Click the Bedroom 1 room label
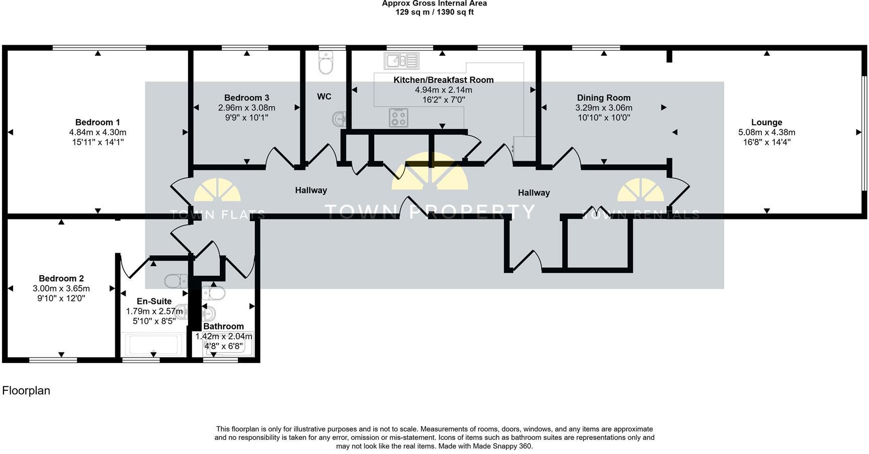click(x=98, y=122)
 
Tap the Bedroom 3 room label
click(x=246, y=97)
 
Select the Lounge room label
click(x=766, y=122)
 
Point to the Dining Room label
click(x=603, y=97)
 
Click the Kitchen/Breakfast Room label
click(x=443, y=80)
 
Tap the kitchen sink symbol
click(x=402, y=61)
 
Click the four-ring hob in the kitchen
click(x=398, y=118)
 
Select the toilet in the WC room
click(x=326, y=63)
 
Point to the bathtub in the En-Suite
click(x=153, y=345)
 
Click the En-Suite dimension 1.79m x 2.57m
click(x=154, y=311)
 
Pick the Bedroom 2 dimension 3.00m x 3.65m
click(x=61, y=288)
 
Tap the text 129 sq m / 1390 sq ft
click(x=434, y=12)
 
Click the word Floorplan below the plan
click(x=26, y=391)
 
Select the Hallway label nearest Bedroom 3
click(x=311, y=190)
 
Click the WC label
click(x=324, y=96)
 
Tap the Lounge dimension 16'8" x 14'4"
click(x=766, y=142)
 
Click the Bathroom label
click(x=223, y=326)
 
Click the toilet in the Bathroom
click(x=214, y=292)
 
